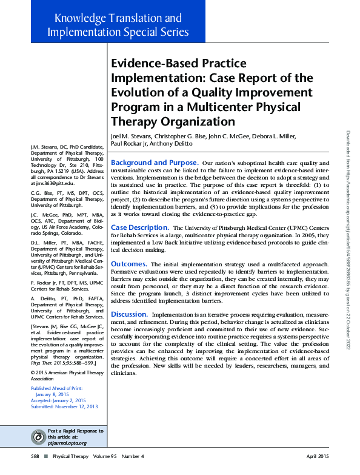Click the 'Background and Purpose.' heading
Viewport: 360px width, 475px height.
[x=155, y=163]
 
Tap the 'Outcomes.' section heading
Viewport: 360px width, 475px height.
[x=129, y=264]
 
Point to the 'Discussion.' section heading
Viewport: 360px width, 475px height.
[x=130, y=314]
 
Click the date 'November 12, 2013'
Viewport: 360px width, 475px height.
[x=76, y=406]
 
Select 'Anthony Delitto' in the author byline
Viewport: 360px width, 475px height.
[x=172, y=144]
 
